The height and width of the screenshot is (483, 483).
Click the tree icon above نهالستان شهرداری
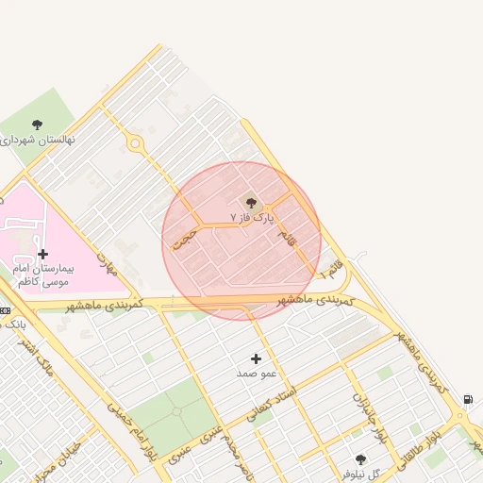(37, 125)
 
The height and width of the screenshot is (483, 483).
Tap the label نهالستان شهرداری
(38, 140)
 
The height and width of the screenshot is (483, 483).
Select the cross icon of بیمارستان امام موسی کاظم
(42, 254)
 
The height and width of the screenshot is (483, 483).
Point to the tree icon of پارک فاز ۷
(250, 201)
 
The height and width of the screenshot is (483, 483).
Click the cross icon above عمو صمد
(256, 358)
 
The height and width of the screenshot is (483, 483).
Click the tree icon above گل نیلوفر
(360, 459)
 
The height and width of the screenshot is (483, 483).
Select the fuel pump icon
(469, 399)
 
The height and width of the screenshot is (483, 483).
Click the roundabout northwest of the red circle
(136, 144)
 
